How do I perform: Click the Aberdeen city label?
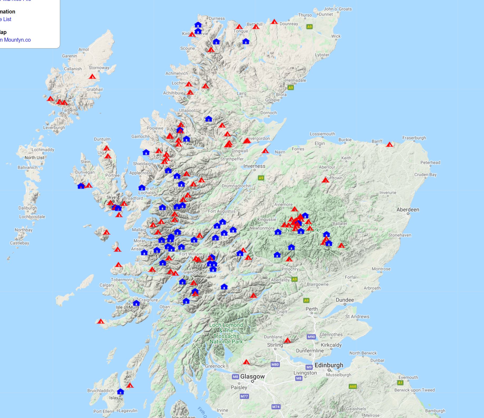tap(408, 210)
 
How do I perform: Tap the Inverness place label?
tap(254, 166)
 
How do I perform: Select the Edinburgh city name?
tap(329, 365)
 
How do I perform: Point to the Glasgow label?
tap(252, 376)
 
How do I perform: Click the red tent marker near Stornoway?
tap(92, 76)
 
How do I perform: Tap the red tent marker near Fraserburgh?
tap(389, 144)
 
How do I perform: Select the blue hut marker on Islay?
tap(120, 391)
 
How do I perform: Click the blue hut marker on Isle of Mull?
tap(136, 303)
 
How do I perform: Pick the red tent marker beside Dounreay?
tap(274, 22)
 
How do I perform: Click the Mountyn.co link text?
tap(17, 40)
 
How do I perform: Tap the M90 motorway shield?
tap(311, 337)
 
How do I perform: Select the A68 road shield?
tap(353, 386)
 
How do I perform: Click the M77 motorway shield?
tap(244, 396)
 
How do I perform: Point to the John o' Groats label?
tap(338, 9)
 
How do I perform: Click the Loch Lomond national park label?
tap(226, 333)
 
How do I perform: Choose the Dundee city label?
tap(345, 300)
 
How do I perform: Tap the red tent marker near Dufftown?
tap(325, 180)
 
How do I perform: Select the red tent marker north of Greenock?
tap(246, 362)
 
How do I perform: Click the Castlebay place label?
tap(20, 243)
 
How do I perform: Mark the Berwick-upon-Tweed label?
tap(414, 390)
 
